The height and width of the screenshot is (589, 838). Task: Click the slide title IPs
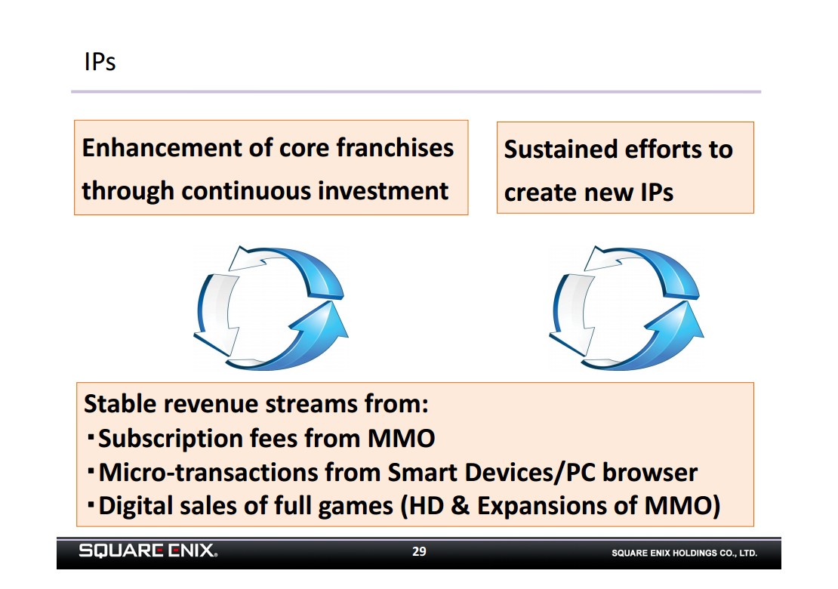click(x=100, y=61)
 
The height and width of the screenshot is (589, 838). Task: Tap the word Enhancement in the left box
click(x=162, y=147)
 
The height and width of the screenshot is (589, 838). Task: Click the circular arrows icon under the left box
click(x=271, y=308)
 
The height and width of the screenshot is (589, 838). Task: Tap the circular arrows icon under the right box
click(x=627, y=308)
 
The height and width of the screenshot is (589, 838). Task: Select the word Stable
click(x=119, y=403)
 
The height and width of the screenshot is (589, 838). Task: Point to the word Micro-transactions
click(x=208, y=473)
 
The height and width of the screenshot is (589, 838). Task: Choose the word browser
click(x=650, y=473)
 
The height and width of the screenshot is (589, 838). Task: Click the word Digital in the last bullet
click(x=137, y=506)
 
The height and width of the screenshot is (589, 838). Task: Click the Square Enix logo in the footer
click(x=148, y=550)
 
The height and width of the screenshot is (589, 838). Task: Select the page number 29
click(x=419, y=551)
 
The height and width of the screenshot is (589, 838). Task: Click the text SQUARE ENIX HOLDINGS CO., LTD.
click(x=684, y=554)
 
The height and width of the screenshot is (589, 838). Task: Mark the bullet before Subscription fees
click(x=91, y=438)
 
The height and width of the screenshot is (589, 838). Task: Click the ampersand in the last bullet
click(x=460, y=506)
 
